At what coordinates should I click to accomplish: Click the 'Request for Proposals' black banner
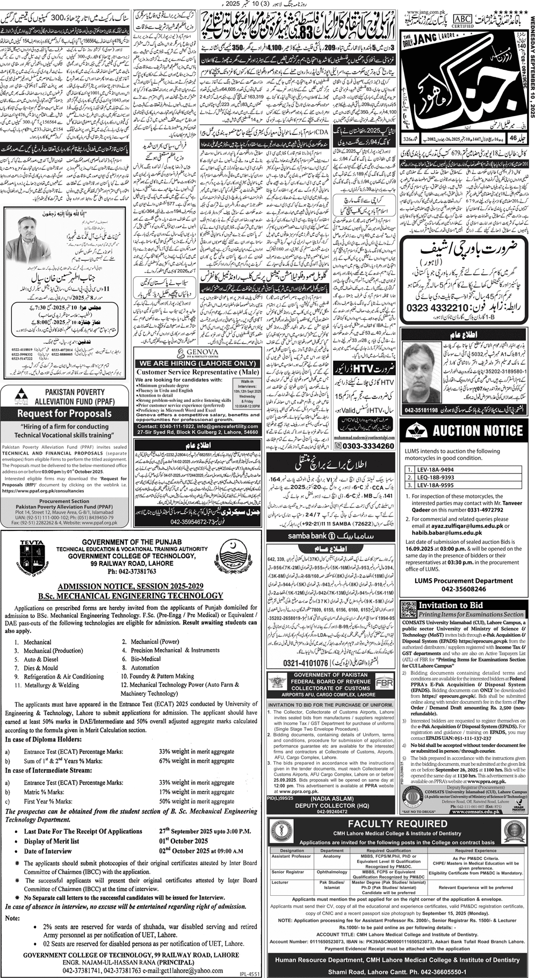pos(64,413)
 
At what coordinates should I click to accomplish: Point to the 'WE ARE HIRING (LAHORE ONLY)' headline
pos(197,363)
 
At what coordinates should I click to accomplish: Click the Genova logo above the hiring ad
pos(197,352)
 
